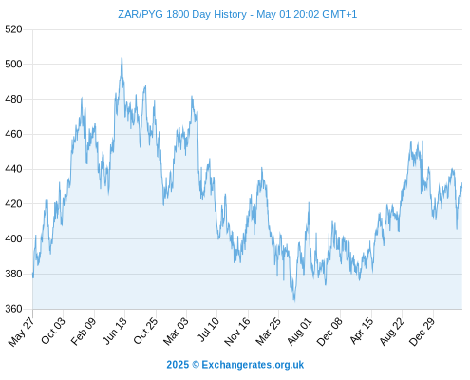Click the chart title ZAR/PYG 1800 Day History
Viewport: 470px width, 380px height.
click(x=182, y=14)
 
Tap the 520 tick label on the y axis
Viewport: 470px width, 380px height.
click(x=13, y=29)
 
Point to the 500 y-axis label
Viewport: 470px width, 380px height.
click(x=13, y=65)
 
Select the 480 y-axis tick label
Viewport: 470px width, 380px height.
click(x=13, y=100)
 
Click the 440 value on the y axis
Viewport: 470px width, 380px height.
click(x=13, y=169)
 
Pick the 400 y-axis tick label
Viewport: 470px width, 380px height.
click(x=13, y=238)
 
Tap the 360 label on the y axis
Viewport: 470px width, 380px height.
click(x=13, y=309)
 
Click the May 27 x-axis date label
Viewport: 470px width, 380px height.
click(x=22, y=332)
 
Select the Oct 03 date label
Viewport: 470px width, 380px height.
click(x=53, y=331)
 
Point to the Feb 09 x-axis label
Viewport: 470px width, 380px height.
click(x=83, y=332)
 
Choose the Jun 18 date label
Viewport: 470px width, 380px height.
click(x=115, y=331)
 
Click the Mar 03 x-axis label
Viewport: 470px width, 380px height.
click(x=176, y=332)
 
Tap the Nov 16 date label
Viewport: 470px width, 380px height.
click(x=237, y=332)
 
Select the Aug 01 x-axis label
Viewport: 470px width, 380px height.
click(x=299, y=332)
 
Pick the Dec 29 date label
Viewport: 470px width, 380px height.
click(x=422, y=332)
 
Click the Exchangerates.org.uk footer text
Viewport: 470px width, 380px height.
click(x=253, y=365)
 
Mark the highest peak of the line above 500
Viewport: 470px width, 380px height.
click(x=122, y=58)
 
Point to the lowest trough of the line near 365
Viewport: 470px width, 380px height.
click(x=294, y=300)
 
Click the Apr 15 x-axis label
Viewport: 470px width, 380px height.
click(x=361, y=332)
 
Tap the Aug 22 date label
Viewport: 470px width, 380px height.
click(x=391, y=332)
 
